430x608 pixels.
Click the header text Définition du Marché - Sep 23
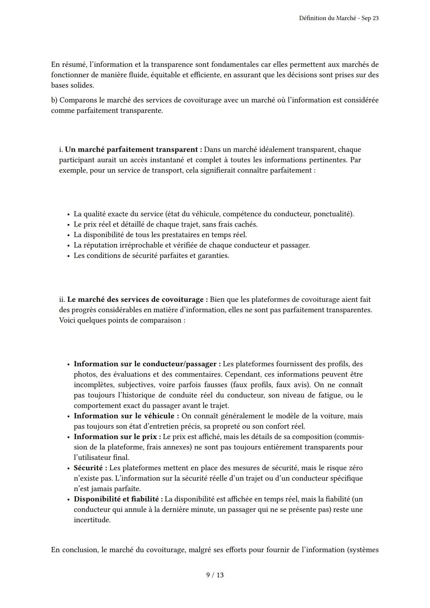point(338,19)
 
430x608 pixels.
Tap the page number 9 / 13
point(215,575)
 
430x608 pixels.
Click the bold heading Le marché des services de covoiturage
point(137,299)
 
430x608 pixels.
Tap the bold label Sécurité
point(90,468)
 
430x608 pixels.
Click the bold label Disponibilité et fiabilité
point(118,499)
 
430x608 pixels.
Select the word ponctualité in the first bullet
point(332,214)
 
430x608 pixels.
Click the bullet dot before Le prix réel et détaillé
point(68,225)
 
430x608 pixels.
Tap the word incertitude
point(92,520)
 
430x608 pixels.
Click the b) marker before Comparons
point(54,100)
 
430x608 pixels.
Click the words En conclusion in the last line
point(74,550)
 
